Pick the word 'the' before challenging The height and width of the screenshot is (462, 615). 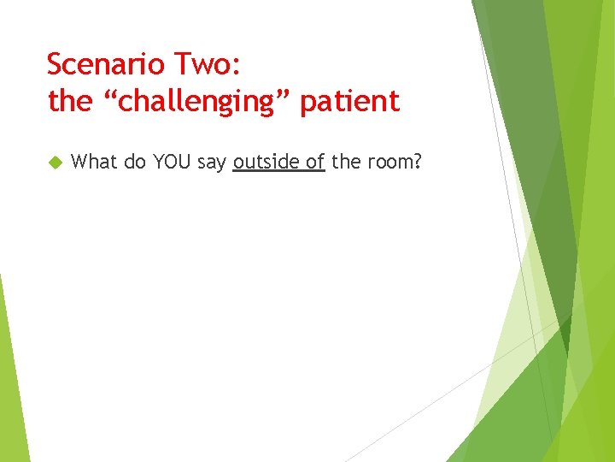point(70,102)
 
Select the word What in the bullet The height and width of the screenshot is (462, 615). point(95,162)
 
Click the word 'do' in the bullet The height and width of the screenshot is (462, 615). point(135,162)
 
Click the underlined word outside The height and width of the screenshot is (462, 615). point(266,162)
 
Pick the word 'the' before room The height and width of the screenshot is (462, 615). point(346,162)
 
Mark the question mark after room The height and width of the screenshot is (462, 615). point(418,162)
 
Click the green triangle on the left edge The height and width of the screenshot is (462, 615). point(10,385)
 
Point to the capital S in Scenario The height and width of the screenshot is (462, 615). point(56,64)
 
